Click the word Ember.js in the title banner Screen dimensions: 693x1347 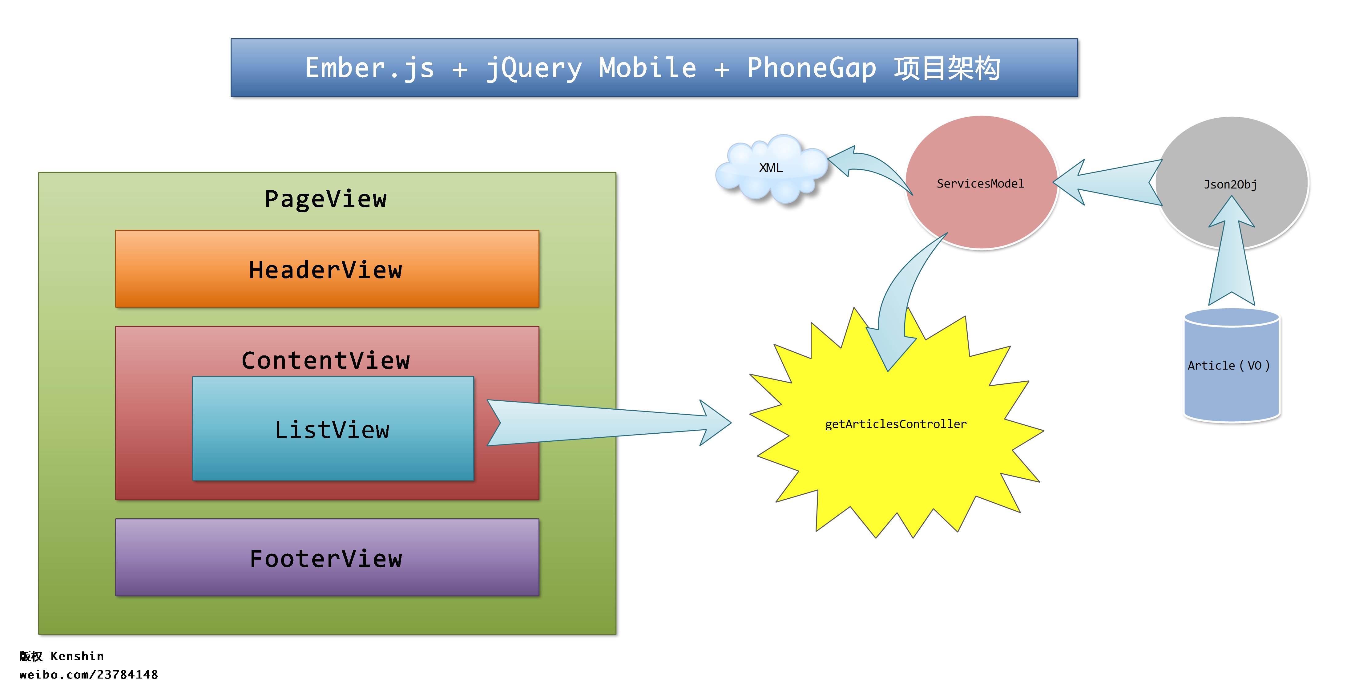(370, 68)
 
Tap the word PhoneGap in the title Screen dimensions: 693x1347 (811, 68)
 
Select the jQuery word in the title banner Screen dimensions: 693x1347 (533, 68)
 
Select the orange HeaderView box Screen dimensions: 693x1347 (327, 269)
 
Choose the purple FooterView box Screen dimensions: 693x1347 (327, 557)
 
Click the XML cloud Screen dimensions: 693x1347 (770, 168)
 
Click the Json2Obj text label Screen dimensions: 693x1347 (1230, 184)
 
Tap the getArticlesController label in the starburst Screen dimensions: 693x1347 (895, 424)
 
